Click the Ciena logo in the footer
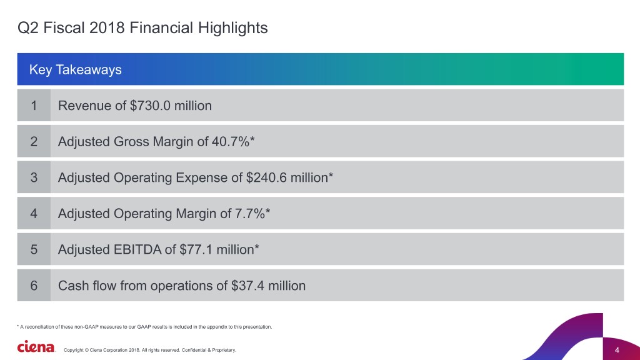36,347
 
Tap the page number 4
617,349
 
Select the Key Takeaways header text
75,69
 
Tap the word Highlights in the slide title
233,27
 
